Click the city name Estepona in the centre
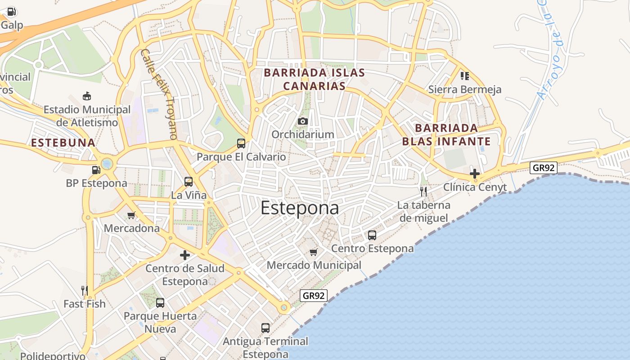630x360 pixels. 299,208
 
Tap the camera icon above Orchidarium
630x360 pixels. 302,121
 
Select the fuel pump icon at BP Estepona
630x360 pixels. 95,170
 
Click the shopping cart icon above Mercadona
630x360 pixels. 131,215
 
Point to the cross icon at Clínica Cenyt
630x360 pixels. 474,174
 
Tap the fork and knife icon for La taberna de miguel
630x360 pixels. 423,192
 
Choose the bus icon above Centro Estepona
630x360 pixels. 372,235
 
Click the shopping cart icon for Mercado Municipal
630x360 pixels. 314,252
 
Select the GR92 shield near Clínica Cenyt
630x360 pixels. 543,168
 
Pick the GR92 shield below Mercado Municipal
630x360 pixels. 314,296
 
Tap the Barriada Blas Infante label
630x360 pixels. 446,135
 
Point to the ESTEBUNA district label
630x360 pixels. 63,143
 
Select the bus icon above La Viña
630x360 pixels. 189,182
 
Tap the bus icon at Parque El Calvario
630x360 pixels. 241,144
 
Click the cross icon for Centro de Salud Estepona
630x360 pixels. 184,255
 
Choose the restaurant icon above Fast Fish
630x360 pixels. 84,290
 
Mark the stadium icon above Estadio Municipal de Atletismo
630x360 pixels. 87,96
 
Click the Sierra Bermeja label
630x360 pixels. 464,90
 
